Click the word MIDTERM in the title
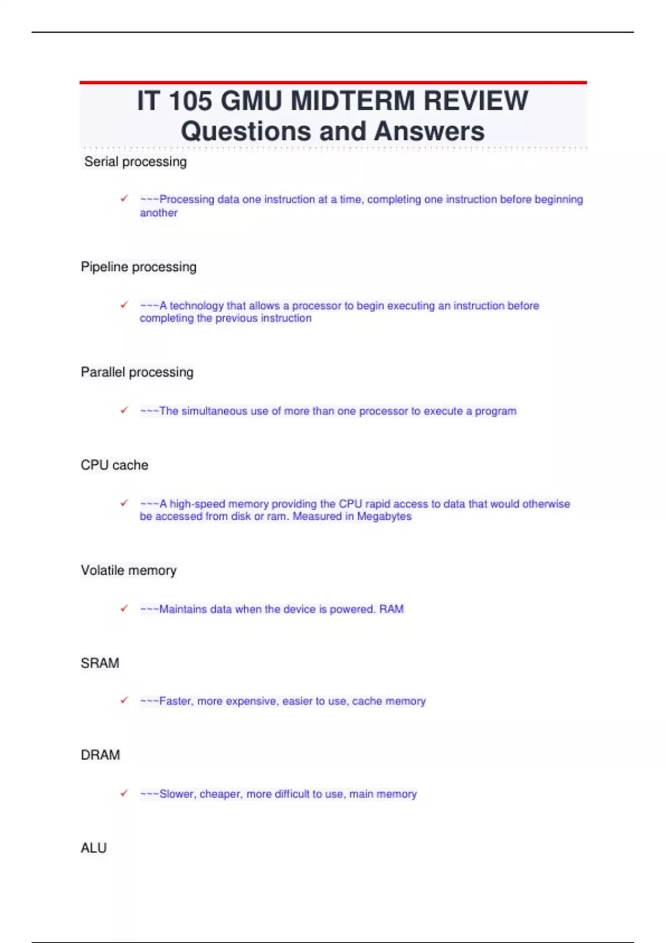[x=352, y=102]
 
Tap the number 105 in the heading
[x=190, y=102]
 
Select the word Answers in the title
[x=429, y=131]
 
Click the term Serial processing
[x=135, y=162]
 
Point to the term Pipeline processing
[x=139, y=267]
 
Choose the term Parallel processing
[x=137, y=372]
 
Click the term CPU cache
[x=114, y=465]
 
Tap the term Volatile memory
[x=129, y=570]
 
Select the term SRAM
[x=100, y=663]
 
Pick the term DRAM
[x=100, y=755]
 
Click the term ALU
[x=94, y=848]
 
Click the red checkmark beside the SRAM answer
[x=124, y=700]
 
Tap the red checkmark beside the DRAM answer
[x=124, y=793]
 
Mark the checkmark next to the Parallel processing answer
[x=124, y=410]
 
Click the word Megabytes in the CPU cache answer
[x=384, y=516]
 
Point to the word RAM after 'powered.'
[x=391, y=609]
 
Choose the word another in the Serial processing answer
[x=159, y=213]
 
